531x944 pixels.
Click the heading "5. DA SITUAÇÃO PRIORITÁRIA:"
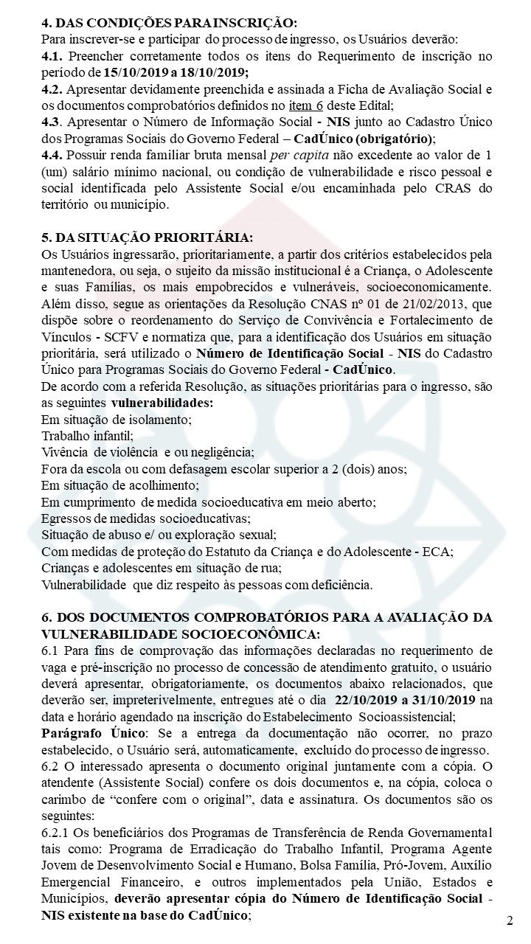[x=147, y=237]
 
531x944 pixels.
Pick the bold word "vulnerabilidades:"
[x=162, y=404]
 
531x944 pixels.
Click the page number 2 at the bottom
[x=510, y=920]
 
